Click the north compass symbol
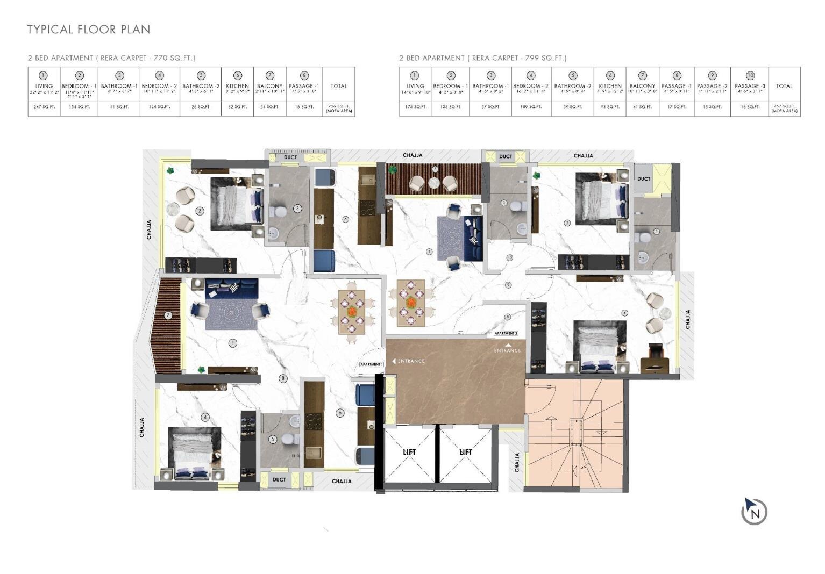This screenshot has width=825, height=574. pyautogui.click(x=754, y=511)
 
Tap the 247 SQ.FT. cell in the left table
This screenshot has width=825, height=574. pyautogui.click(x=44, y=107)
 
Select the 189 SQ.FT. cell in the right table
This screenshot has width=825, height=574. pyautogui.click(x=531, y=107)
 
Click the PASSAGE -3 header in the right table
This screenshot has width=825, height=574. pyautogui.click(x=750, y=86)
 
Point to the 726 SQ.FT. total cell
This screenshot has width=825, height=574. pyautogui.click(x=338, y=108)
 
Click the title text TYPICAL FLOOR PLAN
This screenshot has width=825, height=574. pyautogui.click(x=89, y=30)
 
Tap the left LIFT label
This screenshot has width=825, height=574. pyautogui.click(x=409, y=452)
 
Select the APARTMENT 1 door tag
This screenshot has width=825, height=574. pyautogui.click(x=372, y=364)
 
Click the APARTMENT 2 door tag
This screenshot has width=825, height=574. pyautogui.click(x=506, y=334)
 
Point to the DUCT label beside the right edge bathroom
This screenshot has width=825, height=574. pyautogui.click(x=644, y=178)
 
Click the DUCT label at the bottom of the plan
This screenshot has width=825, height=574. pyautogui.click(x=279, y=479)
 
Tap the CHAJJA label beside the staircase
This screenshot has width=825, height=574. pyautogui.click(x=517, y=462)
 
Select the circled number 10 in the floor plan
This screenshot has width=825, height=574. pyautogui.click(x=509, y=258)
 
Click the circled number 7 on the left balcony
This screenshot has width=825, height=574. pyautogui.click(x=168, y=315)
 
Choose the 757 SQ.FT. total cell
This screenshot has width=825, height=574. pyautogui.click(x=784, y=108)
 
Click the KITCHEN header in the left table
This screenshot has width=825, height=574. pyautogui.click(x=237, y=86)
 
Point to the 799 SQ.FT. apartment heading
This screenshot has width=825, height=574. pyautogui.click(x=482, y=58)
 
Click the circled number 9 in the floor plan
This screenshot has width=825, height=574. pyautogui.click(x=508, y=285)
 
